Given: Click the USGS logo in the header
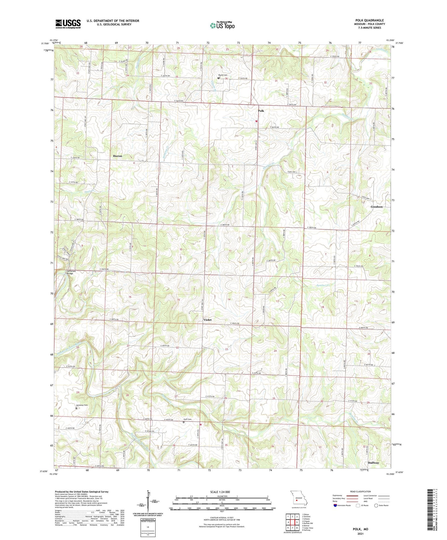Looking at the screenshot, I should [x=68, y=24].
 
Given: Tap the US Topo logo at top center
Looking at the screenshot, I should [x=222, y=25].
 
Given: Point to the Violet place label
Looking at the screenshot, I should [x=207, y=319].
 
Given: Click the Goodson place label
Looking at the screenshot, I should [x=376, y=207].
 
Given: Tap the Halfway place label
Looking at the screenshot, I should [x=373, y=463].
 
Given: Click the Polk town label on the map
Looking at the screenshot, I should [x=261, y=111].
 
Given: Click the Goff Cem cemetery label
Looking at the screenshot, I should [x=187, y=419].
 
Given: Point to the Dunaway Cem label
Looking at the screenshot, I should [x=82, y=405].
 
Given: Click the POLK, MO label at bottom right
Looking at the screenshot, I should [x=360, y=529].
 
